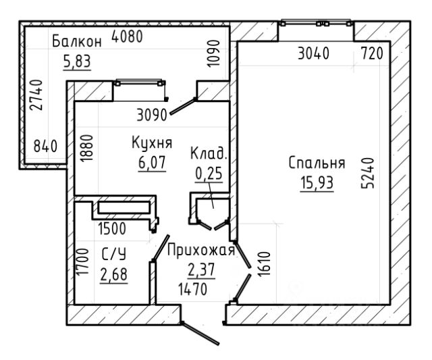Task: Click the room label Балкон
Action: tap(77, 41)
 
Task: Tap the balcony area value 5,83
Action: tap(77, 61)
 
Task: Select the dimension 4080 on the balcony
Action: tap(127, 36)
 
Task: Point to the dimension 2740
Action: tap(36, 95)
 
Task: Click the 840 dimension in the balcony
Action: tap(45, 146)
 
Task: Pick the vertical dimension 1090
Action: tap(214, 53)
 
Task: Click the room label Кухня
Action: tap(152, 143)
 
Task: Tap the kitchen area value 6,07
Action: tap(152, 163)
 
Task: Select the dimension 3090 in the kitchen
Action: tap(152, 115)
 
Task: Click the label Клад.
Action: tap(209, 153)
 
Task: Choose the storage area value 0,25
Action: tap(209, 174)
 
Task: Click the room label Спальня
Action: tap(317, 163)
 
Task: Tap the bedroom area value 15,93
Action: tap(317, 183)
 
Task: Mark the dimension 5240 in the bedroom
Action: tap(368, 173)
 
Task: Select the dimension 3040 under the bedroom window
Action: tap(313, 53)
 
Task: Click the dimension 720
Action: tap(372, 53)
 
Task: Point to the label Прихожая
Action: tap(201, 251)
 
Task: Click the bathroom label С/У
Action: tap(114, 254)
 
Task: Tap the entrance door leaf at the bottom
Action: tap(200, 333)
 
